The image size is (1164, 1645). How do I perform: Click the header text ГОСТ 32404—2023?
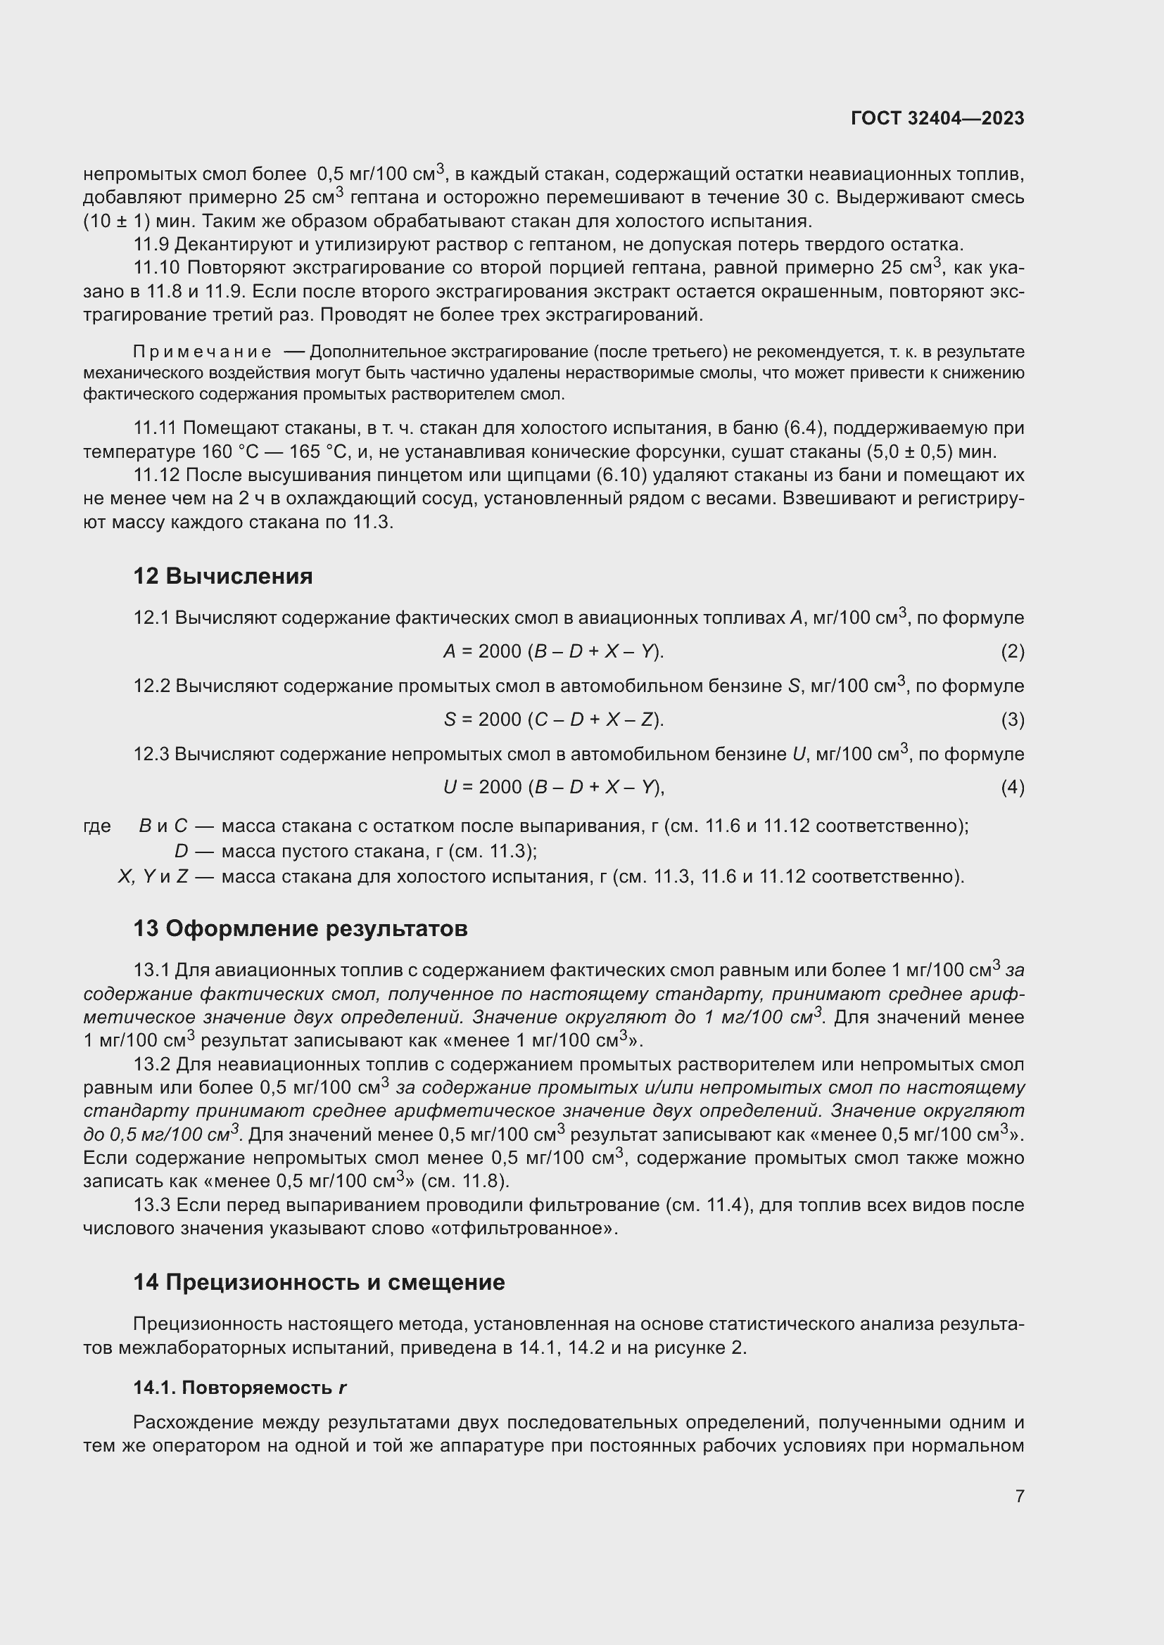click(937, 118)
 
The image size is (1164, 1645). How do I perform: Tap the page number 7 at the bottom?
click(1019, 1495)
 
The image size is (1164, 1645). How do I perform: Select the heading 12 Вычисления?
click(223, 576)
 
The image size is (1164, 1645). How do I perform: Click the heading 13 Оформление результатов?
click(301, 928)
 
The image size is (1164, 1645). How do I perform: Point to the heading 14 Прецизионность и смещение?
click(319, 1282)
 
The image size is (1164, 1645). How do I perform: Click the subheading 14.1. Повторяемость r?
click(239, 1388)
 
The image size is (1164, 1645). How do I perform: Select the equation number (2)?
click(1012, 651)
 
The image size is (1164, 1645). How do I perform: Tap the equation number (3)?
click(1012, 719)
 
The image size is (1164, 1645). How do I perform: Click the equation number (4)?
click(1012, 788)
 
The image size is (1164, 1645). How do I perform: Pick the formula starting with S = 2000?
click(554, 719)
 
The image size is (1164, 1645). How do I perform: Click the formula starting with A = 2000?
click(554, 651)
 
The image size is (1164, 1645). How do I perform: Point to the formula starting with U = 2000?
click(554, 788)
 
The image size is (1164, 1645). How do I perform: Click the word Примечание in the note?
click(202, 352)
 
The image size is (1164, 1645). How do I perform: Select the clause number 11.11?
click(155, 428)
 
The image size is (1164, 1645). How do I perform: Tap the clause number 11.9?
click(151, 244)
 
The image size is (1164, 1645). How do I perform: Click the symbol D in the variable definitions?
click(181, 851)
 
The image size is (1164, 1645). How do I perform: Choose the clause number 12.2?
click(151, 686)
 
